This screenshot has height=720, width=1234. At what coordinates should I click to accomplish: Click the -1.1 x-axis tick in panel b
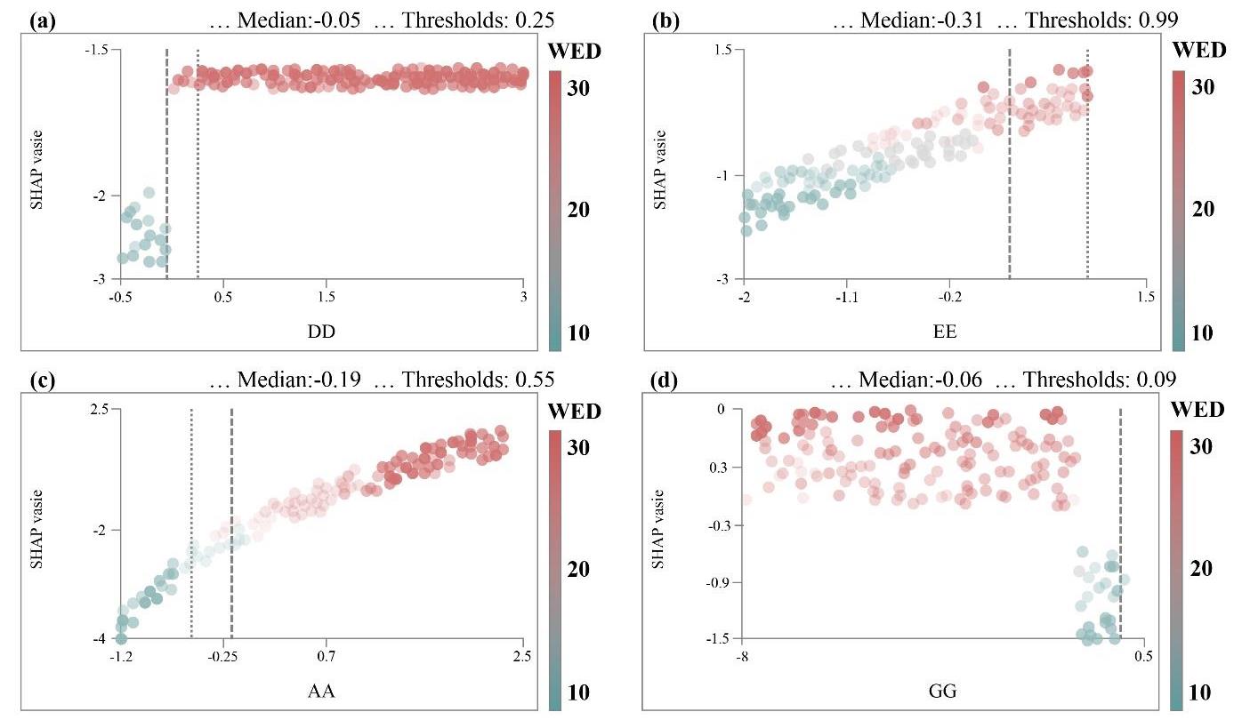846,296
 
